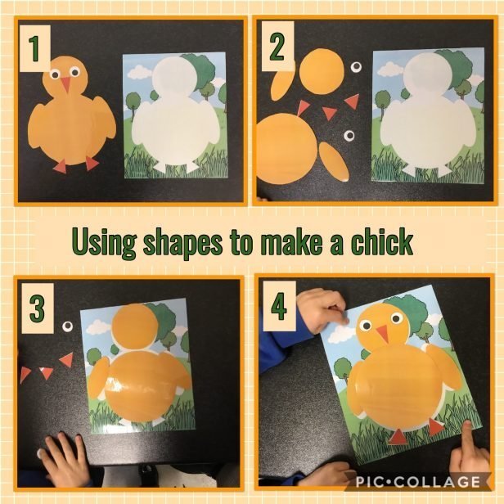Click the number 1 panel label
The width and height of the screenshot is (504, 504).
point(34,49)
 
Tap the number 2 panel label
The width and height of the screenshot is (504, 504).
point(277,47)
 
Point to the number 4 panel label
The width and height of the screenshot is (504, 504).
point(279,306)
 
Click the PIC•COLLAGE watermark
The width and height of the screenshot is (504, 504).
point(418,482)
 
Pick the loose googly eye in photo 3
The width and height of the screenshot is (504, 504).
point(67,326)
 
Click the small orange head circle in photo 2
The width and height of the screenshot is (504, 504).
point(322,71)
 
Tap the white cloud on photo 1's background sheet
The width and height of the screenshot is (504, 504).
point(139,72)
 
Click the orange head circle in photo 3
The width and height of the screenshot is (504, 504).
point(135,326)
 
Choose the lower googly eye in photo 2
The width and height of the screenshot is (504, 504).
point(349,136)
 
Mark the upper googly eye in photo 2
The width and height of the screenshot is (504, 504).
point(356,67)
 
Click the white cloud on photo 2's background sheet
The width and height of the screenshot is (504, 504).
point(389,69)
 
